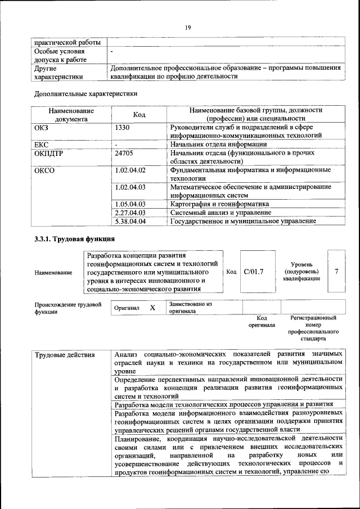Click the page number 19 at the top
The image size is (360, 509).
[x=188, y=27]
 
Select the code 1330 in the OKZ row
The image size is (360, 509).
[x=123, y=127]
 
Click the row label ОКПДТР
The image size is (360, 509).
[x=49, y=152]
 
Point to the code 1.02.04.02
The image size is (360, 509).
[x=130, y=170]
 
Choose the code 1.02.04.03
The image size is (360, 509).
[x=130, y=187]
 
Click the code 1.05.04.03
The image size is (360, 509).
[x=130, y=204]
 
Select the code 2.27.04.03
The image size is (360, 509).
[x=130, y=213]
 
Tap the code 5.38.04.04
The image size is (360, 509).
[x=130, y=222]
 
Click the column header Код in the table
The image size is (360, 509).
[x=139, y=115]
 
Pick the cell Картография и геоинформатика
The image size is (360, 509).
[x=219, y=204]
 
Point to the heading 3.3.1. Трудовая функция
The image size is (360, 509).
[x=70, y=240]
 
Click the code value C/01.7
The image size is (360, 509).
[x=254, y=272]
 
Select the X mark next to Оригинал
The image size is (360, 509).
[x=152, y=308]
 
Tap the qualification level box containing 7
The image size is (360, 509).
[x=336, y=272]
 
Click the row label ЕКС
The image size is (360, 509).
[x=42, y=144]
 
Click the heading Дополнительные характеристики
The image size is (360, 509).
[x=85, y=93]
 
